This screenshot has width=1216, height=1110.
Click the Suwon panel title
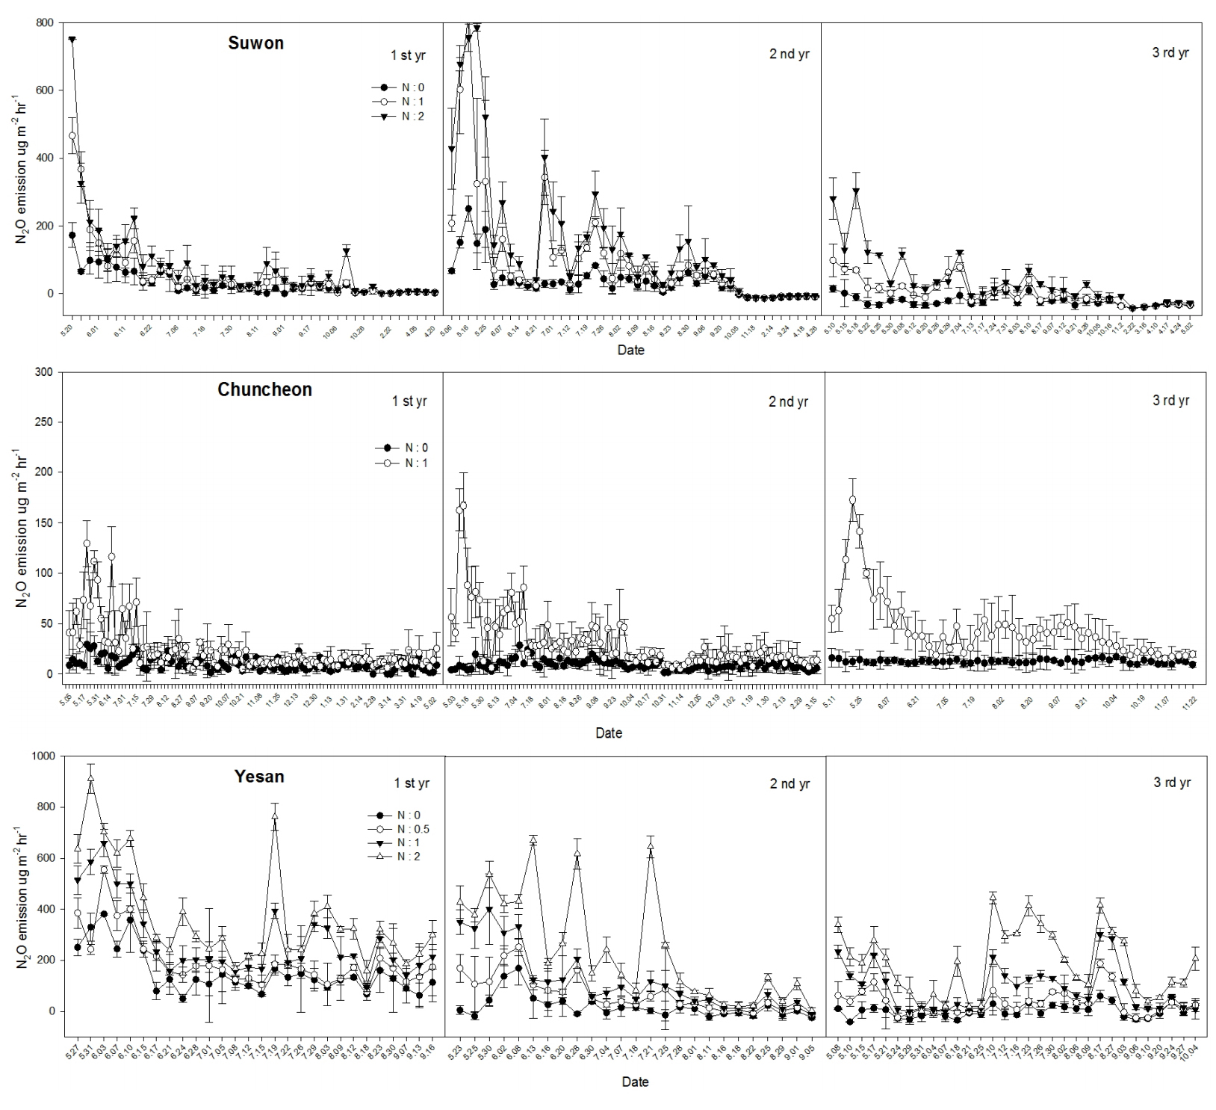[255, 43]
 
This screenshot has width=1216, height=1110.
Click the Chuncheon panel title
[264, 389]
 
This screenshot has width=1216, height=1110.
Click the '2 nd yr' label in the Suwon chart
[789, 54]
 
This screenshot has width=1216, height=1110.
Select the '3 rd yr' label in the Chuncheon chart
[1170, 401]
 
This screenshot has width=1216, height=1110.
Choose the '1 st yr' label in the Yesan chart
[412, 783]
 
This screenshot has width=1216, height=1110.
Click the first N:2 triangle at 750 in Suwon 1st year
[72, 40]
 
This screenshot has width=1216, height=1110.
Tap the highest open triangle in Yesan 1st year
[90, 778]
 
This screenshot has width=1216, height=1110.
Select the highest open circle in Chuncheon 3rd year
[852, 500]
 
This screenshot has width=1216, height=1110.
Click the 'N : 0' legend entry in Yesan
[408, 815]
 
